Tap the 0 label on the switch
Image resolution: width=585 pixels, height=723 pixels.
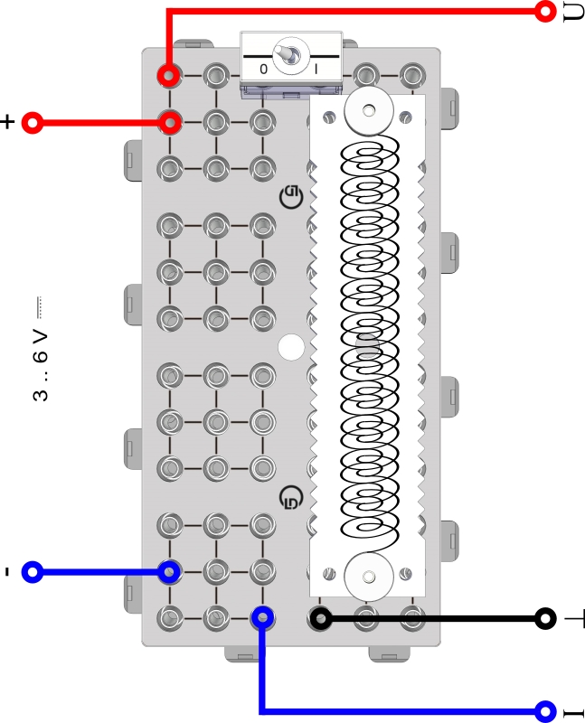[263, 69]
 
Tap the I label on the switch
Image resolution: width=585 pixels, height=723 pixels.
[316, 69]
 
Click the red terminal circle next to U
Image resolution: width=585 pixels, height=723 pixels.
[544, 11]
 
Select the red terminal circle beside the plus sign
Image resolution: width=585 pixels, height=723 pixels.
[33, 122]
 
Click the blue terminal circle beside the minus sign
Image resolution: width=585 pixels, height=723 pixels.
[33, 571]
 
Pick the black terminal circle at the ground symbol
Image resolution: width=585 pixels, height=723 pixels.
[544, 618]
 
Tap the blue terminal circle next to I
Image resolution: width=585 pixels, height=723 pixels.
[544, 710]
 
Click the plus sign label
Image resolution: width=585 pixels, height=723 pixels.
[9, 122]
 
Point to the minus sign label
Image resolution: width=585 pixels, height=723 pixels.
[7, 571]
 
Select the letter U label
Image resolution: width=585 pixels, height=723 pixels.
[572, 13]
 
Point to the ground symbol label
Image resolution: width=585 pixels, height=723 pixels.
[574, 619]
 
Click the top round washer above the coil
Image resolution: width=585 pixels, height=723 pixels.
[368, 109]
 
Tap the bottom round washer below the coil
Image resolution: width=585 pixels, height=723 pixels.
[368, 576]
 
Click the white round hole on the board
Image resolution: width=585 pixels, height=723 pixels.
[291, 347]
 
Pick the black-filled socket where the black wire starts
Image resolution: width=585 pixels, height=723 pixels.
[320, 618]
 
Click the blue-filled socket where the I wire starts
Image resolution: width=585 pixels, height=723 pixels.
[262, 618]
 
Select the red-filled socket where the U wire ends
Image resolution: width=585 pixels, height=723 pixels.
[168, 75]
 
